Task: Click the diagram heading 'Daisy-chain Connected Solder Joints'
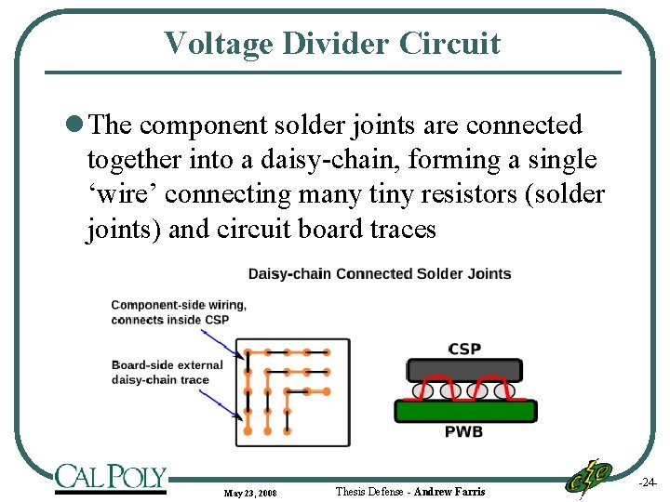[380, 273]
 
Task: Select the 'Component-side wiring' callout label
[179, 311]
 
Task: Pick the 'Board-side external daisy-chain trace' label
[167, 372]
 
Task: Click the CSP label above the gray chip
[464, 349]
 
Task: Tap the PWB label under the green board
[463, 431]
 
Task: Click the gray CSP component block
[464, 369]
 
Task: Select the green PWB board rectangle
[464, 410]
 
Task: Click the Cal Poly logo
[110, 478]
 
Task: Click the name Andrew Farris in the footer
[449, 491]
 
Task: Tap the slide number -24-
[648, 483]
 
